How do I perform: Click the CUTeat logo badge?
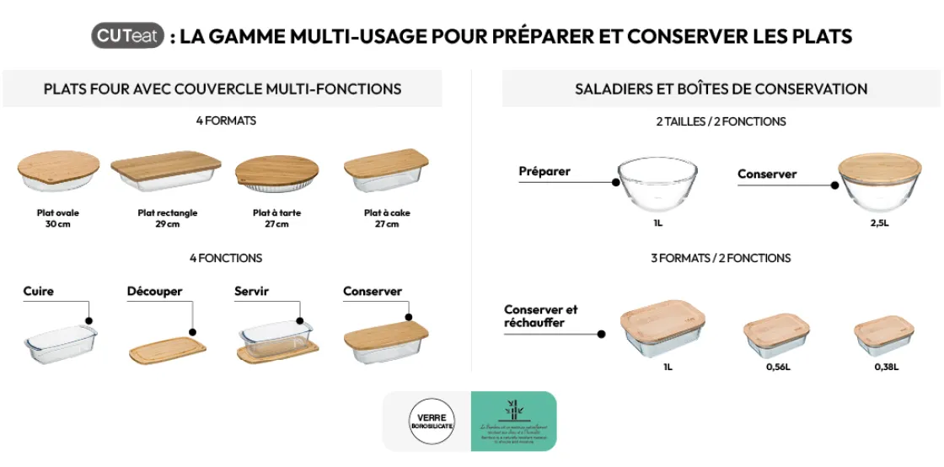click(x=127, y=36)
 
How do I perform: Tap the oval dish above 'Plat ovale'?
click(x=58, y=173)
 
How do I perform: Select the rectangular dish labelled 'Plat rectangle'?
click(x=166, y=172)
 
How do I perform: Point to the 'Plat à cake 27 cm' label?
click(x=387, y=218)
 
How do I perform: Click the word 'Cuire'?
click(x=39, y=292)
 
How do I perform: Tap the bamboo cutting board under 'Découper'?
click(x=167, y=349)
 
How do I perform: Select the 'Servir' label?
click(x=251, y=292)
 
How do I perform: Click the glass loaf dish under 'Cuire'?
click(x=60, y=343)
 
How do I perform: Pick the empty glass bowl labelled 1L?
click(x=657, y=185)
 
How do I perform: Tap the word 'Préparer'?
click(x=544, y=172)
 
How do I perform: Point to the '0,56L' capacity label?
click(x=778, y=367)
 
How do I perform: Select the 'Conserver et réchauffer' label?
click(x=541, y=316)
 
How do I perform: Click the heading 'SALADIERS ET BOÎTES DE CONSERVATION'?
click(x=721, y=89)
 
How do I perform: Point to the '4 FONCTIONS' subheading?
click(x=225, y=258)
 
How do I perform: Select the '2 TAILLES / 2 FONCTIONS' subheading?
click(x=721, y=121)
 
